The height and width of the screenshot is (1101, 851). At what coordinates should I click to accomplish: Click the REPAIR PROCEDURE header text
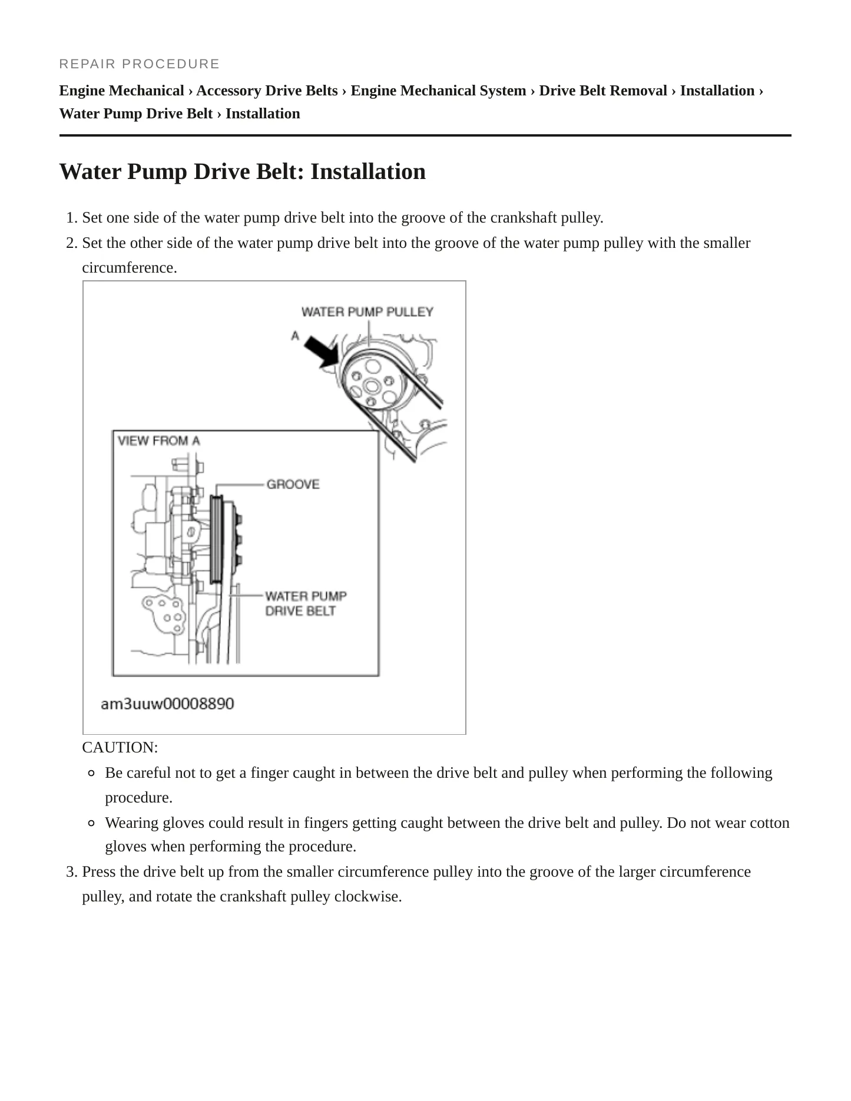coord(140,64)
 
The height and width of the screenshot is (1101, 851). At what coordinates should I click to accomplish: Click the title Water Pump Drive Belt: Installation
coord(243,171)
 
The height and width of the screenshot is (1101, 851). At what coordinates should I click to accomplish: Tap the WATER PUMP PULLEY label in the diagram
coord(367,311)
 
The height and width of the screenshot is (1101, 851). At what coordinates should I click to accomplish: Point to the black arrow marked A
coord(322,352)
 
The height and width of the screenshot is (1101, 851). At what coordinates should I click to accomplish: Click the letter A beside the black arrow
coord(295,336)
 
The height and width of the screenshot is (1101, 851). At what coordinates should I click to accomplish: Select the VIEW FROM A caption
coord(159,440)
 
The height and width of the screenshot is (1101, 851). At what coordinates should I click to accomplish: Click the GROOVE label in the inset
coord(293,484)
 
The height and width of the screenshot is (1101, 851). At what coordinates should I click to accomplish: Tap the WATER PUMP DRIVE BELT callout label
coord(306,603)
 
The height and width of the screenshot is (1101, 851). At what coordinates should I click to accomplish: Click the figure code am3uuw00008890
coord(167,704)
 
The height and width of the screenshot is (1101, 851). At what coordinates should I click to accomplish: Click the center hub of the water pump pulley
coord(371,386)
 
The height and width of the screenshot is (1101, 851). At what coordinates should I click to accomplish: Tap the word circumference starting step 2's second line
coord(130,267)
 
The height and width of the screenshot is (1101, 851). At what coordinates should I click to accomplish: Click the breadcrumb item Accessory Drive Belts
coord(267,91)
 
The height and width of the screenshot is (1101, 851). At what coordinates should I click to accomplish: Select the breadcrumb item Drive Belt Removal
coord(603,91)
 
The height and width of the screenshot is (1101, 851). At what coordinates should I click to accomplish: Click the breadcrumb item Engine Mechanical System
coord(439,91)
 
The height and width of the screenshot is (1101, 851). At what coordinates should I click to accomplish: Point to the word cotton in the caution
coord(770,823)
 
